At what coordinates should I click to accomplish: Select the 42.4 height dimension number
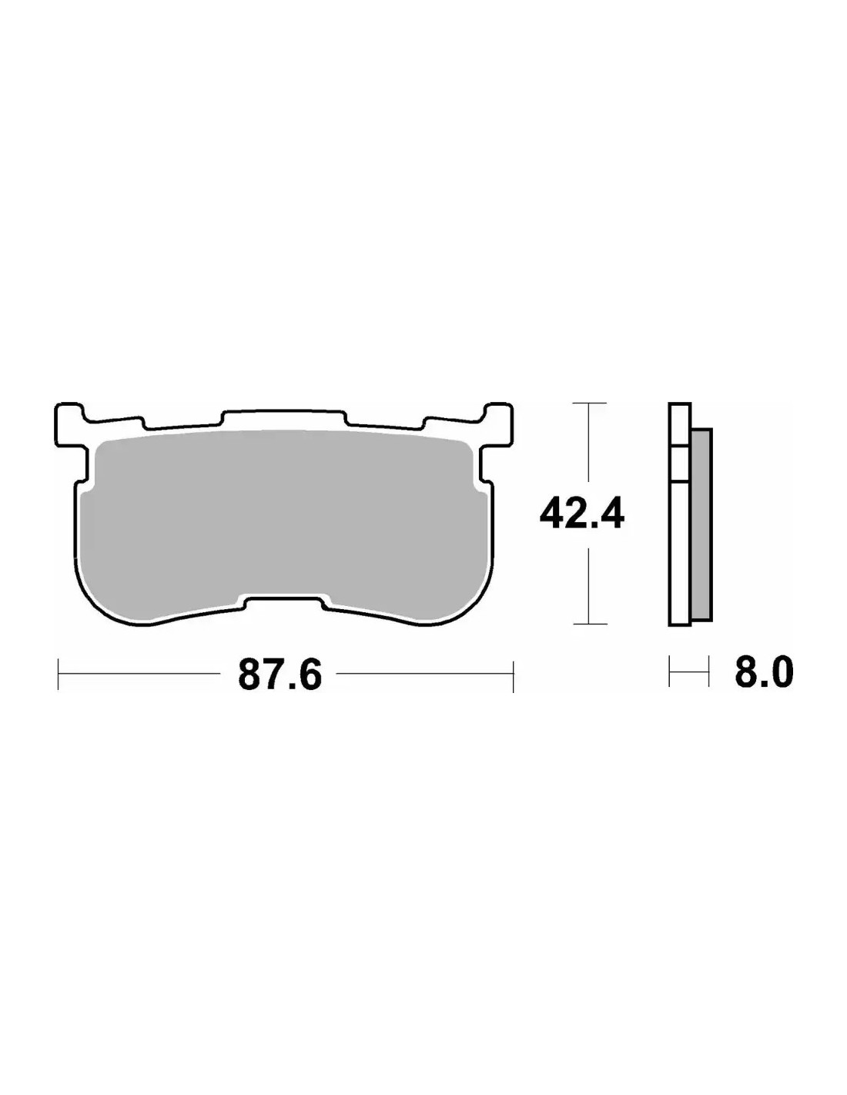[581, 513]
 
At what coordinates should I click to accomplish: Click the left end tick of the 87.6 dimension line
[59, 674]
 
